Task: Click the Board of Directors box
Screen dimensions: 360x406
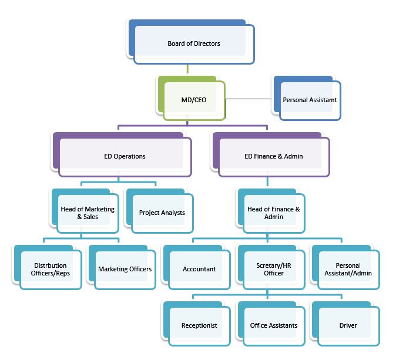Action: [x=194, y=44]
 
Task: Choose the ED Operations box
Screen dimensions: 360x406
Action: [x=125, y=156]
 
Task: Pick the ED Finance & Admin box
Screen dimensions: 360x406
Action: [x=274, y=156]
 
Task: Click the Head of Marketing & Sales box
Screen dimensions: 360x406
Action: [x=88, y=213]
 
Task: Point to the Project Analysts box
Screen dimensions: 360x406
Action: [x=162, y=213]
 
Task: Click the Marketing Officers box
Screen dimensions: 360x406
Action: [x=125, y=269]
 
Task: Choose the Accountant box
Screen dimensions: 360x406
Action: [x=199, y=269]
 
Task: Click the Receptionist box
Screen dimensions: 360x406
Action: [x=199, y=325]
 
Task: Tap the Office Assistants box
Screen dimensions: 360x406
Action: [x=274, y=325]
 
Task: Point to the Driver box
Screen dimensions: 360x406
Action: [x=348, y=325]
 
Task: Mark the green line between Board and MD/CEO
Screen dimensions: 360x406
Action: [x=187, y=69]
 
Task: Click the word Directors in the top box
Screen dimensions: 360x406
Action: [x=207, y=44]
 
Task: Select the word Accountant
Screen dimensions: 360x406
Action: [x=199, y=269]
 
